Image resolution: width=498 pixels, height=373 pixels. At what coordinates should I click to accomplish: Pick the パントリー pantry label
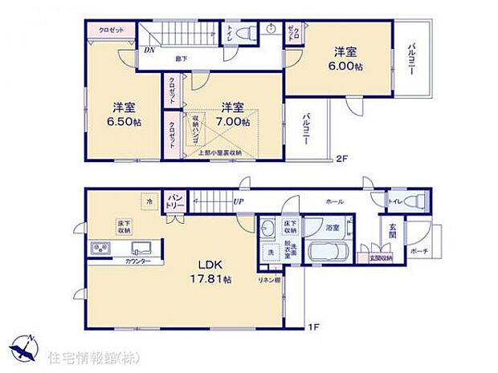pos(176,201)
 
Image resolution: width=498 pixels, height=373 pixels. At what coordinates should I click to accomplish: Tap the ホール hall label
pos(335,203)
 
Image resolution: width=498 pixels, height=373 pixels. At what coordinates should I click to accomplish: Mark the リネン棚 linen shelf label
pos(269,279)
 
